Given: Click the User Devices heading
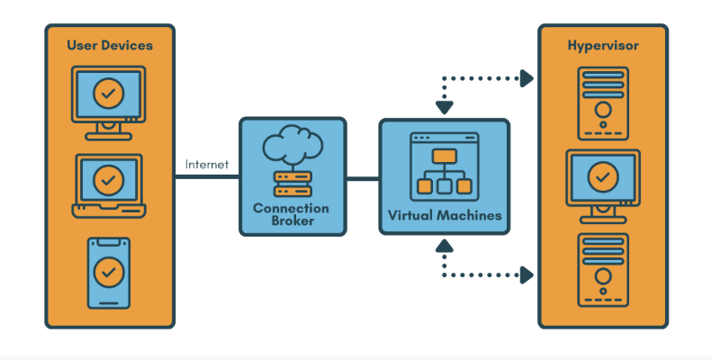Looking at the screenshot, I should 109,45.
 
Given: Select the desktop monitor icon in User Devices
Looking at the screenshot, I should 108,102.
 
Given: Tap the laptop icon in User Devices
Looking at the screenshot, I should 108,185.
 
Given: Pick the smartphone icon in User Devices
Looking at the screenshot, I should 108,271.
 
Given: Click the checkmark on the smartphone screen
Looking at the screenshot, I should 109,269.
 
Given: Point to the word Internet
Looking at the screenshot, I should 207,165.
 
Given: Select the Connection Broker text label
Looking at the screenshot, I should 291,214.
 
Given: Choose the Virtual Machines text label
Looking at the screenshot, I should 444,216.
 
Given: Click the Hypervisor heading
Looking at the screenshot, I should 602,45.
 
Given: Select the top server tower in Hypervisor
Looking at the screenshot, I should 602,100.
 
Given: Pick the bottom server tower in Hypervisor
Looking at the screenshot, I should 602,271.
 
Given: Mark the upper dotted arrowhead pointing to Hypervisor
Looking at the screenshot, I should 527,79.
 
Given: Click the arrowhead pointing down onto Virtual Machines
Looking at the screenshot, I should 444,108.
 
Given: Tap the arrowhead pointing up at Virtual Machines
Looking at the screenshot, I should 444,244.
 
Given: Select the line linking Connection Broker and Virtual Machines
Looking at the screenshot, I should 362,178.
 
